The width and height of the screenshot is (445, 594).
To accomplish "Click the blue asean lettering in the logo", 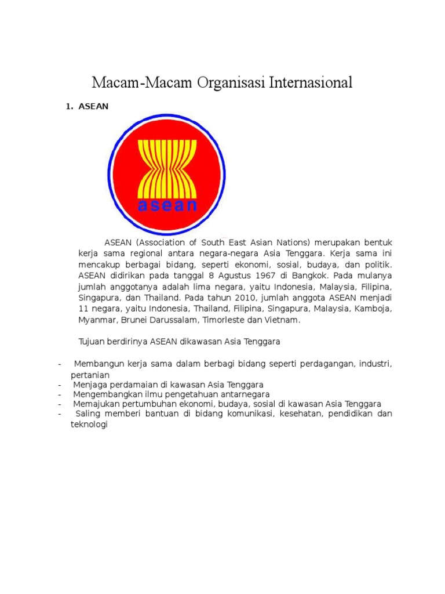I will tap(167, 205).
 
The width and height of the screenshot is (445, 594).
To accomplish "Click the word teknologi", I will tap(86, 425).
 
